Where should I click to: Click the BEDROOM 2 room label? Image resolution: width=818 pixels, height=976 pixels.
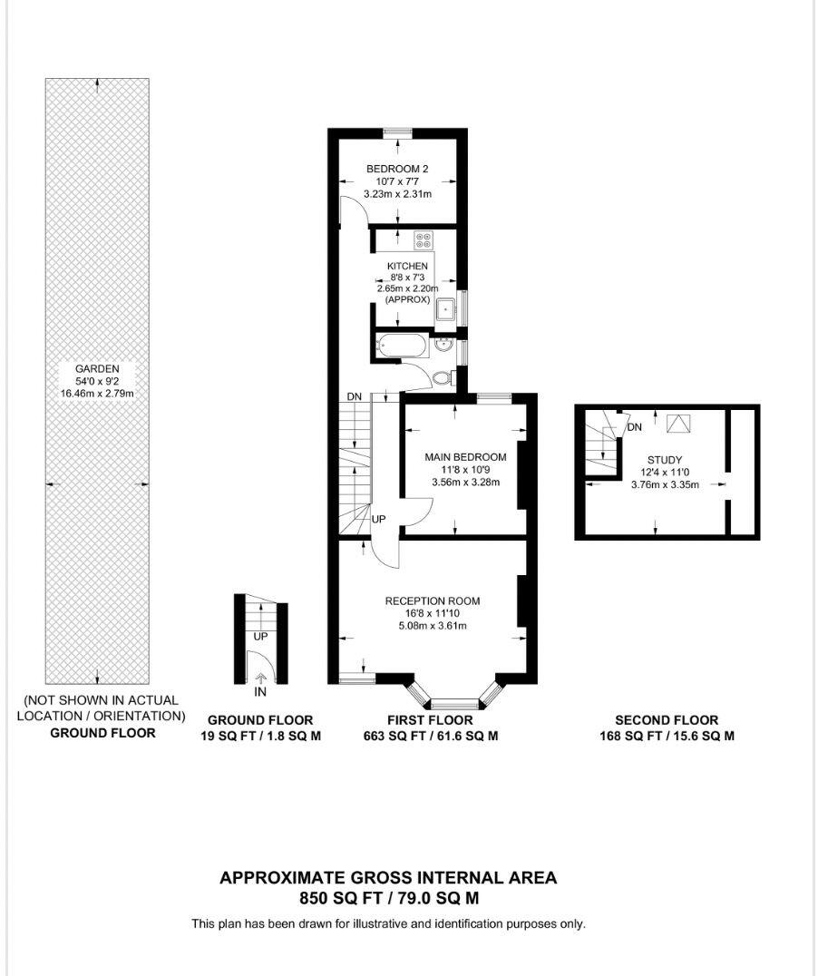point(396,169)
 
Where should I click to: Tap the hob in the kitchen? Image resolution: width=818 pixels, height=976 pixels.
point(424,240)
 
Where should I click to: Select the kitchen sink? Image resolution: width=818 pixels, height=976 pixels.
point(445,310)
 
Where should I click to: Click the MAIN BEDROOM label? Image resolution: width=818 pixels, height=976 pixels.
point(465,456)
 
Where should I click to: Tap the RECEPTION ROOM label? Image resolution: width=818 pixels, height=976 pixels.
point(432,600)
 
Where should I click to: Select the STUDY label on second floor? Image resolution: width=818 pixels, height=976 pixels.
point(665,460)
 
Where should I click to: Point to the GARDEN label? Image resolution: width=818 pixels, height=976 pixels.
point(97,369)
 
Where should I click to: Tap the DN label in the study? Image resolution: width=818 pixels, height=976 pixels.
point(635,427)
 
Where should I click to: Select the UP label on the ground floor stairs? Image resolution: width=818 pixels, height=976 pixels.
point(260,637)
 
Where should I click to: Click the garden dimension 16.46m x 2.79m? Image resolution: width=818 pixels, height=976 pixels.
point(97,394)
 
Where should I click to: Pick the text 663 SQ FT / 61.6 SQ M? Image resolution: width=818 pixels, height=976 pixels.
point(431,736)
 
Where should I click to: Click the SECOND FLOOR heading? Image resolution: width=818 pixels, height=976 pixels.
point(667,720)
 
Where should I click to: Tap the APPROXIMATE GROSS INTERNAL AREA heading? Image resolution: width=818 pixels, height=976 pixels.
point(388,877)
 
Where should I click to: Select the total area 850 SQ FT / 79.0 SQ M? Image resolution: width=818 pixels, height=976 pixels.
point(388,899)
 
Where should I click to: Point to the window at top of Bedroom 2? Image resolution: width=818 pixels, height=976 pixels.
point(397,133)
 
